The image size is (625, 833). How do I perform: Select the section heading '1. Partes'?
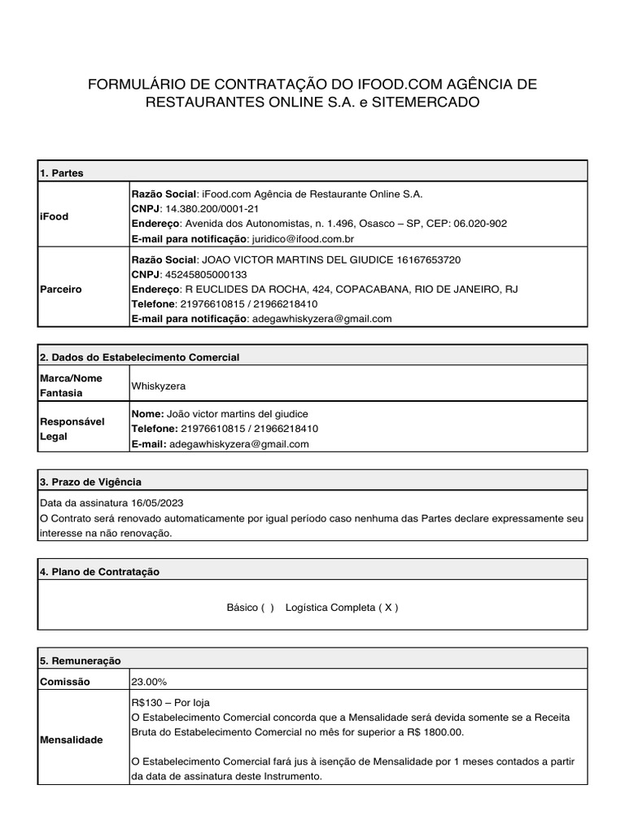pyautogui.click(x=61, y=173)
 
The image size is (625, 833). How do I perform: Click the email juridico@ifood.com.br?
pyautogui.click(x=303, y=238)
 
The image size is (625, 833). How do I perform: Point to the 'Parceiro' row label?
pyautogui.click(x=59, y=289)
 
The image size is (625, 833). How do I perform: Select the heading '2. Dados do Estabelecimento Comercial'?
pyautogui.click(x=139, y=358)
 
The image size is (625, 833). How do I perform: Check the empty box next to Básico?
pyautogui.click(x=267, y=608)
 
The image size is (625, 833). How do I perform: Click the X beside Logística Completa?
pyautogui.click(x=387, y=608)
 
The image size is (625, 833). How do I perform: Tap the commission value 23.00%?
pyautogui.click(x=149, y=681)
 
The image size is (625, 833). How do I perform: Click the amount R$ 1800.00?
pyautogui.click(x=437, y=732)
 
